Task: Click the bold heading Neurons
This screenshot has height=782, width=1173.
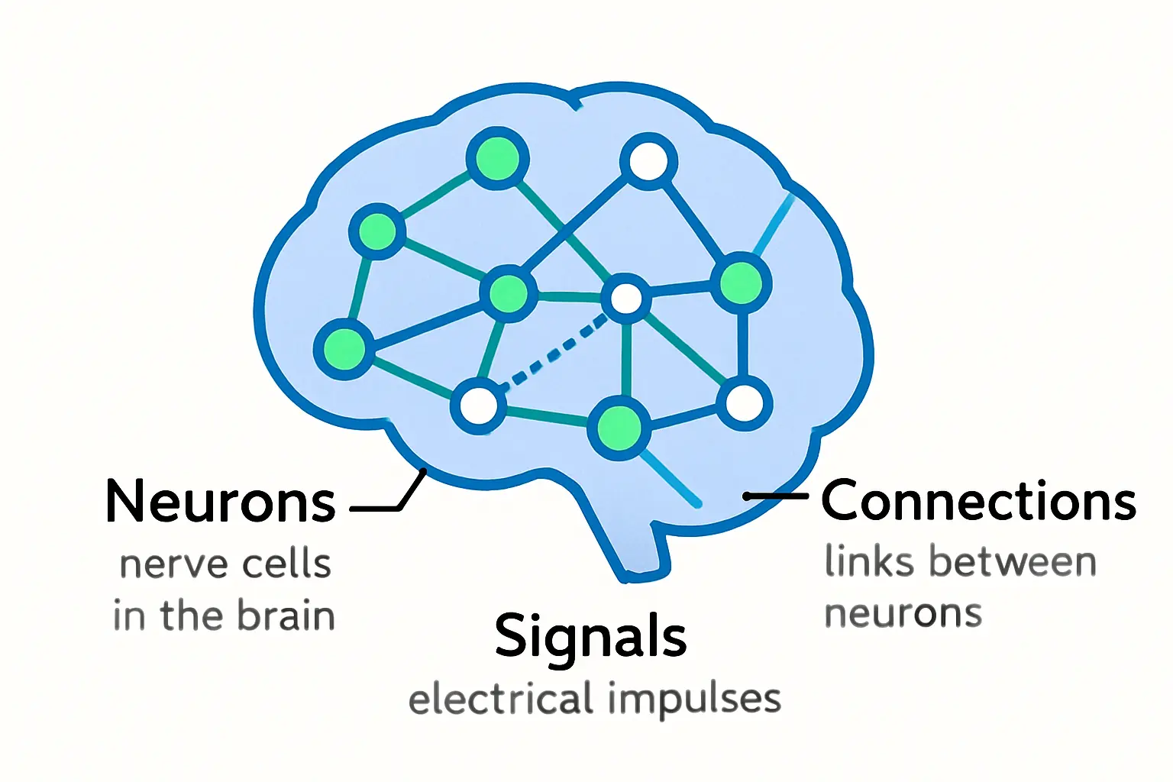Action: pyautogui.click(x=220, y=502)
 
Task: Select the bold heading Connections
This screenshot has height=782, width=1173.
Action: pyautogui.click(x=978, y=501)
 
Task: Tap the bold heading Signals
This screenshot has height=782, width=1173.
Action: pyautogui.click(x=590, y=635)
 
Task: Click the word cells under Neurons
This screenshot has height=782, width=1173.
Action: pyautogui.click(x=286, y=564)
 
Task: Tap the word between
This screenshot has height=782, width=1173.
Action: pyautogui.click(x=1013, y=562)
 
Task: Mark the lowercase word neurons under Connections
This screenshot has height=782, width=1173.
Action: pyautogui.click(x=903, y=613)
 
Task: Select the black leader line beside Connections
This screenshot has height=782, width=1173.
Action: pyautogui.click(x=776, y=496)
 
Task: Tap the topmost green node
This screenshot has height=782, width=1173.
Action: pyautogui.click(x=497, y=159)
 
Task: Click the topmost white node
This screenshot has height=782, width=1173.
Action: pyautogui.click(x=648, y=161)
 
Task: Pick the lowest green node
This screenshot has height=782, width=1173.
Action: pyautogui.click(x=619, y=428)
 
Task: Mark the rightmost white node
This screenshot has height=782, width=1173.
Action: pyautogui.click(x=744, y=403)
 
